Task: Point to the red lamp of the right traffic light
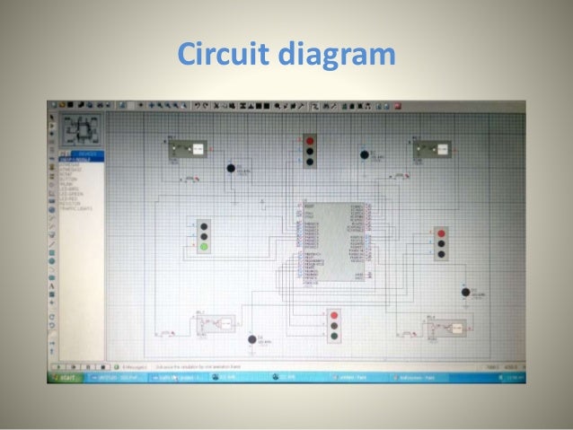441,232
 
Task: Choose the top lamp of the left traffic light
205,224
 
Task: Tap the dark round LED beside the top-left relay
231,168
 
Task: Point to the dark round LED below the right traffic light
464,292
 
